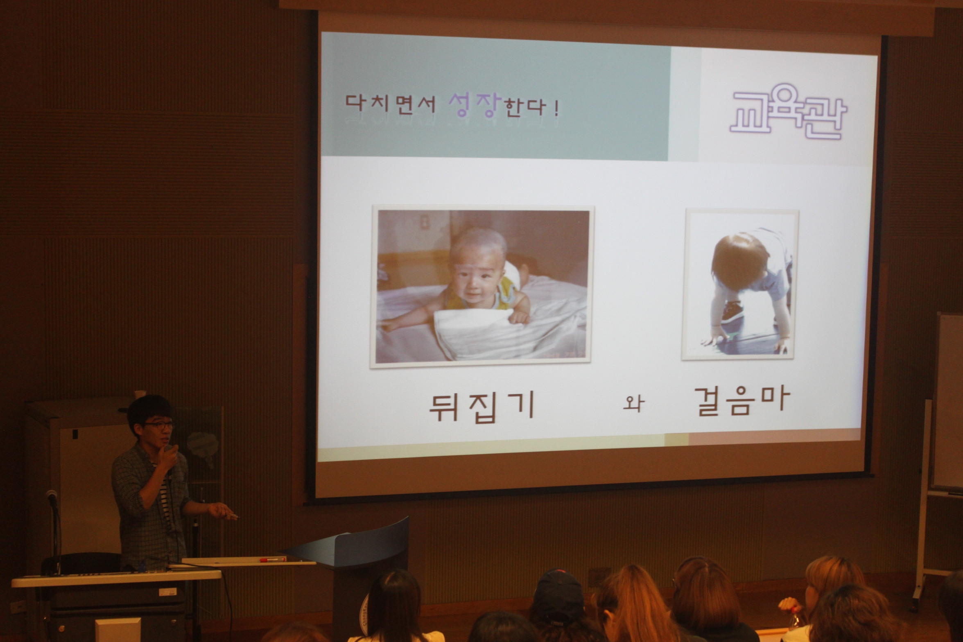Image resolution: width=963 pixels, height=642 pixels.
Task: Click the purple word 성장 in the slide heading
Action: (475, 105)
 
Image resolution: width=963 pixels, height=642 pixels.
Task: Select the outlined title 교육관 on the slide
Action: (788, 111)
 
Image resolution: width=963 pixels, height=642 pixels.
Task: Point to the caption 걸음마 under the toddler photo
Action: (741, 401)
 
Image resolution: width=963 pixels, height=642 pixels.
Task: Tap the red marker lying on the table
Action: (273, 559)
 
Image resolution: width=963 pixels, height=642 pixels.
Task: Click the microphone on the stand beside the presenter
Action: (52, 497)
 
